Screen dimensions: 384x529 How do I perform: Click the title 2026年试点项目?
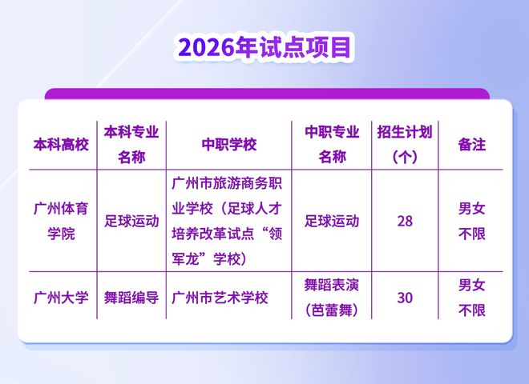(x=264, y=47)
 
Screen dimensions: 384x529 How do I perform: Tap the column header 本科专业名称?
(x=131, y=145)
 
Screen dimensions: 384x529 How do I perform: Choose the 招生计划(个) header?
(x=405, y=145)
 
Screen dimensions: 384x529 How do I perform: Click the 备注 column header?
(x=471, y=145)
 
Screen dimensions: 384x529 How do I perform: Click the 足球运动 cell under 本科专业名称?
(x=131, y=221)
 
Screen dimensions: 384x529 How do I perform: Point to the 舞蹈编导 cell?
(x=131, y=298)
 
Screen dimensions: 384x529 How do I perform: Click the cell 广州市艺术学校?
(x=220, y=298)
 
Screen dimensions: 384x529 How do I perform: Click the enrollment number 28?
(x=405, y=221)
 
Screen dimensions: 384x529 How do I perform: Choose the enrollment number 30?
(x=405, y=298)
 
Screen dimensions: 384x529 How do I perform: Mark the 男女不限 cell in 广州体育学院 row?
(x=471, y=221)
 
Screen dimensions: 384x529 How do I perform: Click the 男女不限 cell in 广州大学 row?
(x=471, y=298)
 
